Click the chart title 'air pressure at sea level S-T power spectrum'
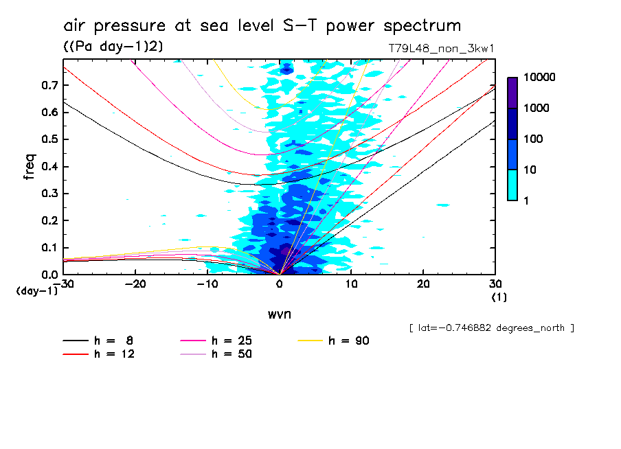(262, 26)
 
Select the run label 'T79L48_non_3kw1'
(442, 49)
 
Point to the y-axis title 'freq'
(29, 167)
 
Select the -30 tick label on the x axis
(64, 284)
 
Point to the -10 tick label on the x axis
(207, 284)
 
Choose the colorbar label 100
(532, 139)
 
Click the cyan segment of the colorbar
(512, 185)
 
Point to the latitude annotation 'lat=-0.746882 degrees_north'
(491, 328)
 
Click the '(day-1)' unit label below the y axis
(36, 291)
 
